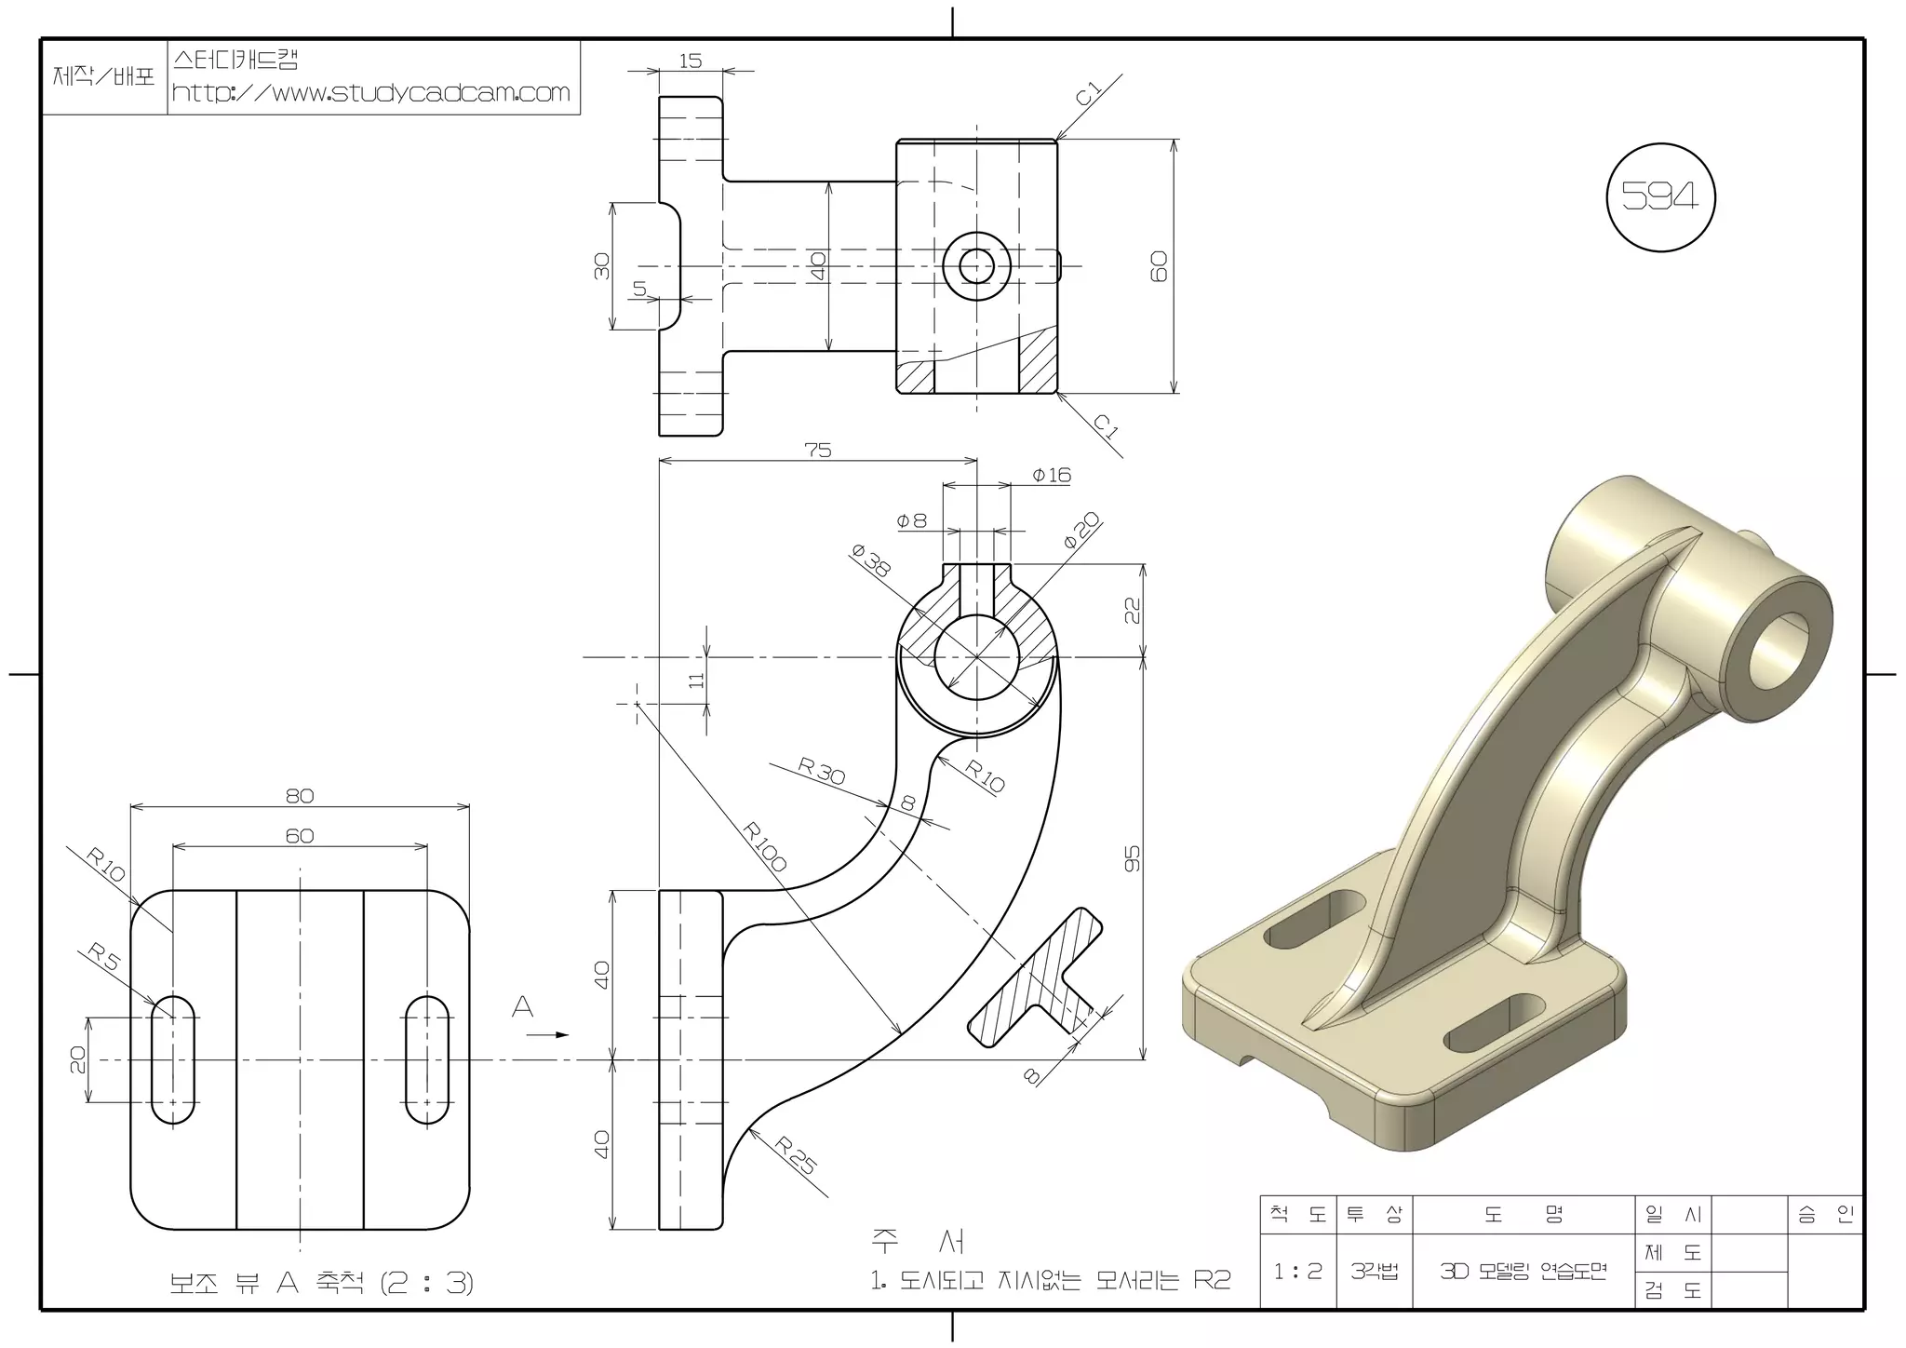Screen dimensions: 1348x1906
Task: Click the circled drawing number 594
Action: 1660,196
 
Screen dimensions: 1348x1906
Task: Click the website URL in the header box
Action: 370,93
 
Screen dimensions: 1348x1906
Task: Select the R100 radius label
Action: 765,846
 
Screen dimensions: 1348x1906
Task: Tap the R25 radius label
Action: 797,1155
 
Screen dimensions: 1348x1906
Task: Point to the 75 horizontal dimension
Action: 817,451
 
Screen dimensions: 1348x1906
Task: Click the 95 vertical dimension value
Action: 1133,858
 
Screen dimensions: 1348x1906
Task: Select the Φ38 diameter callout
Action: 871,561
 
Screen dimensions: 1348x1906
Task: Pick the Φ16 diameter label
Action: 1052,476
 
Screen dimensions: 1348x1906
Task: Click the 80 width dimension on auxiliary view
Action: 300,796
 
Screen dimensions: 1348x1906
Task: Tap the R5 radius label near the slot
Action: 105,957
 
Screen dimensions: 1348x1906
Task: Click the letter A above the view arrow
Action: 523,1006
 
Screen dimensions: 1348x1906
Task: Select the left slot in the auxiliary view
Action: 173,1060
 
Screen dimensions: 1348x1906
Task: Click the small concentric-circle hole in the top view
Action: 976,266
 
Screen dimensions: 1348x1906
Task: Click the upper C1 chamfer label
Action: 1088,94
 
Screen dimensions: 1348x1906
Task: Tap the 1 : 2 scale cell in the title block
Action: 1297,1271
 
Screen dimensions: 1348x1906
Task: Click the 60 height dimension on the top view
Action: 1160,266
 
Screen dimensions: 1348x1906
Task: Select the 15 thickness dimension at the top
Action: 690,61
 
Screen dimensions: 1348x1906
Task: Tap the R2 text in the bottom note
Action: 1212,1281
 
